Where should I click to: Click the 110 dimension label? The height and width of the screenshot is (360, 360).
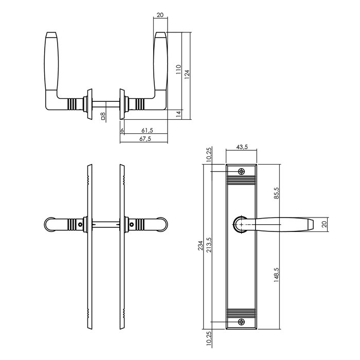click(178, 70)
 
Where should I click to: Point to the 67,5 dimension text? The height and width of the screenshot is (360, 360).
click(146, 139)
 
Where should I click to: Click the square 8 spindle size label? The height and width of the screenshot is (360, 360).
click(103, 116)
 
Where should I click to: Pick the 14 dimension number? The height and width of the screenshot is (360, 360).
click(178, 113)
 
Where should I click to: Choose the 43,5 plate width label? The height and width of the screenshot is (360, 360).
click(242, 147)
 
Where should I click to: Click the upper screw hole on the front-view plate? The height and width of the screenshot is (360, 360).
click(242, 172)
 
